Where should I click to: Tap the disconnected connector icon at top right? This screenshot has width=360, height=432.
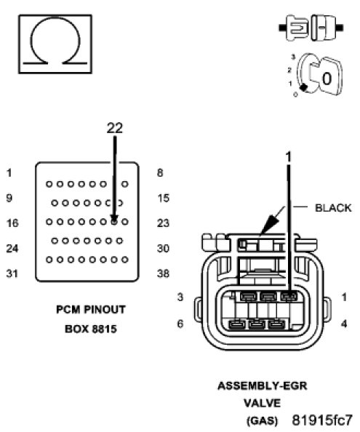pos(311,28)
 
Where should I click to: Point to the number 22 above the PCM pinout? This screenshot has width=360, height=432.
pos(115,128)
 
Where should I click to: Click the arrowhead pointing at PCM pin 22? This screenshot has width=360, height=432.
pos(114,219)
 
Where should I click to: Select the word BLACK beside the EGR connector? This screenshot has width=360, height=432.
pos(333,208)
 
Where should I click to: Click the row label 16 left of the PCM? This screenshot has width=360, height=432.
pos(12,223)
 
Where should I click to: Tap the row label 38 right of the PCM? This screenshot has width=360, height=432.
pos(163,273)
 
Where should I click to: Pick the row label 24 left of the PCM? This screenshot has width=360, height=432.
pos(12,248)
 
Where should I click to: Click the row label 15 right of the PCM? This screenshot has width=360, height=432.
pos(164,198)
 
